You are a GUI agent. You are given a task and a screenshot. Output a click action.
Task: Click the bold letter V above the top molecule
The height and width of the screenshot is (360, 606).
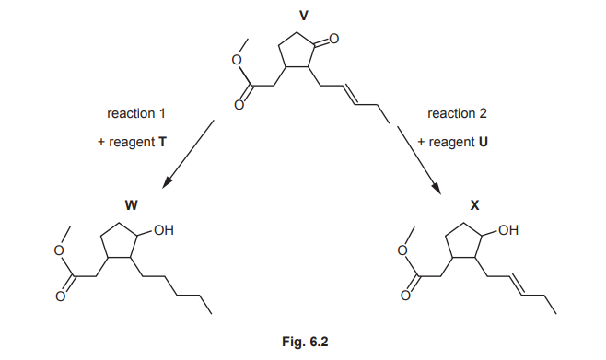click(304, 16)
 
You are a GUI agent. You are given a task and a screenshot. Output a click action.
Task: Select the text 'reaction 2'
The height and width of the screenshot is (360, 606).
click(457, 114)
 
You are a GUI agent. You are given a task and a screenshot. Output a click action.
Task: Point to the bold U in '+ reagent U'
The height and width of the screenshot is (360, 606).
click(483, 144)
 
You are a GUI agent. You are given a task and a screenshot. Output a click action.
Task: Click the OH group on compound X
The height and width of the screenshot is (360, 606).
click(507, 230)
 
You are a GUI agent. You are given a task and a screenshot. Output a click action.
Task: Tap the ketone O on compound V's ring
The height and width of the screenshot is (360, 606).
click(333, 40)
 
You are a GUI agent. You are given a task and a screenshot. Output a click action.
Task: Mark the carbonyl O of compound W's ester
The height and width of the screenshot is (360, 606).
click(64, 296)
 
